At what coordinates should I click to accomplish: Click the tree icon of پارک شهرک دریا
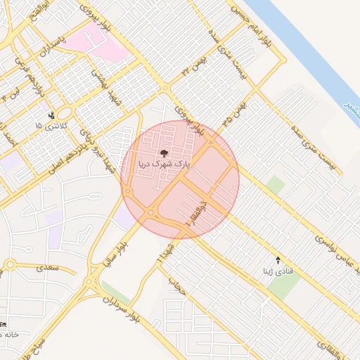[164, 152]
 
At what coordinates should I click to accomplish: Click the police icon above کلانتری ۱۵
[51, 115]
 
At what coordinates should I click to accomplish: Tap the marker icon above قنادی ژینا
[277, 260]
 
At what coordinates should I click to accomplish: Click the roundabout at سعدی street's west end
[10, 265]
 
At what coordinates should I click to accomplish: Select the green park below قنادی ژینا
[283, 284]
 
